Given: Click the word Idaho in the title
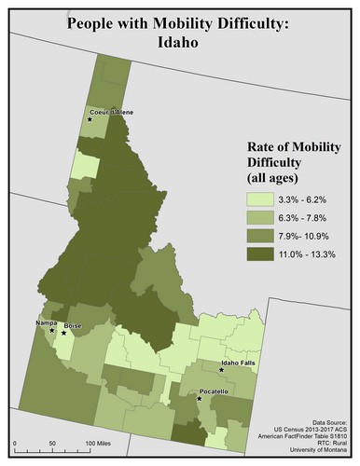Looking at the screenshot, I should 179,43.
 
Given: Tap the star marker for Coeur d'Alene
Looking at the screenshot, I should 90,120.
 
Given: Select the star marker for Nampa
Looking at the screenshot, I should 51,331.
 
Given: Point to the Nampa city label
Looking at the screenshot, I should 45,322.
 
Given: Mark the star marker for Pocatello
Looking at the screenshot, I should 200,399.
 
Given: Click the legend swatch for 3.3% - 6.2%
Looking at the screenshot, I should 263,199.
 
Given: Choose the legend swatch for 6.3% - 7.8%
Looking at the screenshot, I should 263,218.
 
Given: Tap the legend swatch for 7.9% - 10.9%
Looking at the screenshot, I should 263,237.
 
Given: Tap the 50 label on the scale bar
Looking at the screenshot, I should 51,440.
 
